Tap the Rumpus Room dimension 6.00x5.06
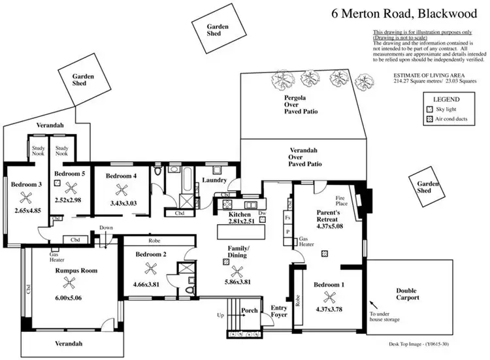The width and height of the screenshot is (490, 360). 67,296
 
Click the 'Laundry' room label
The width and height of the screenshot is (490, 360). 214,180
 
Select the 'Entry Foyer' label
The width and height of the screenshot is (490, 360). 279,312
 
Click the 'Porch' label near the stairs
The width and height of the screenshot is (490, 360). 250,310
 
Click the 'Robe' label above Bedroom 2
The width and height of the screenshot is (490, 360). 154,240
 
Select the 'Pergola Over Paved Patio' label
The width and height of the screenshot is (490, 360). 301,104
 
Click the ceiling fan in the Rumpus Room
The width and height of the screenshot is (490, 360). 67,282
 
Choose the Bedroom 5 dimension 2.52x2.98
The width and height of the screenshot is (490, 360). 68,200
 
